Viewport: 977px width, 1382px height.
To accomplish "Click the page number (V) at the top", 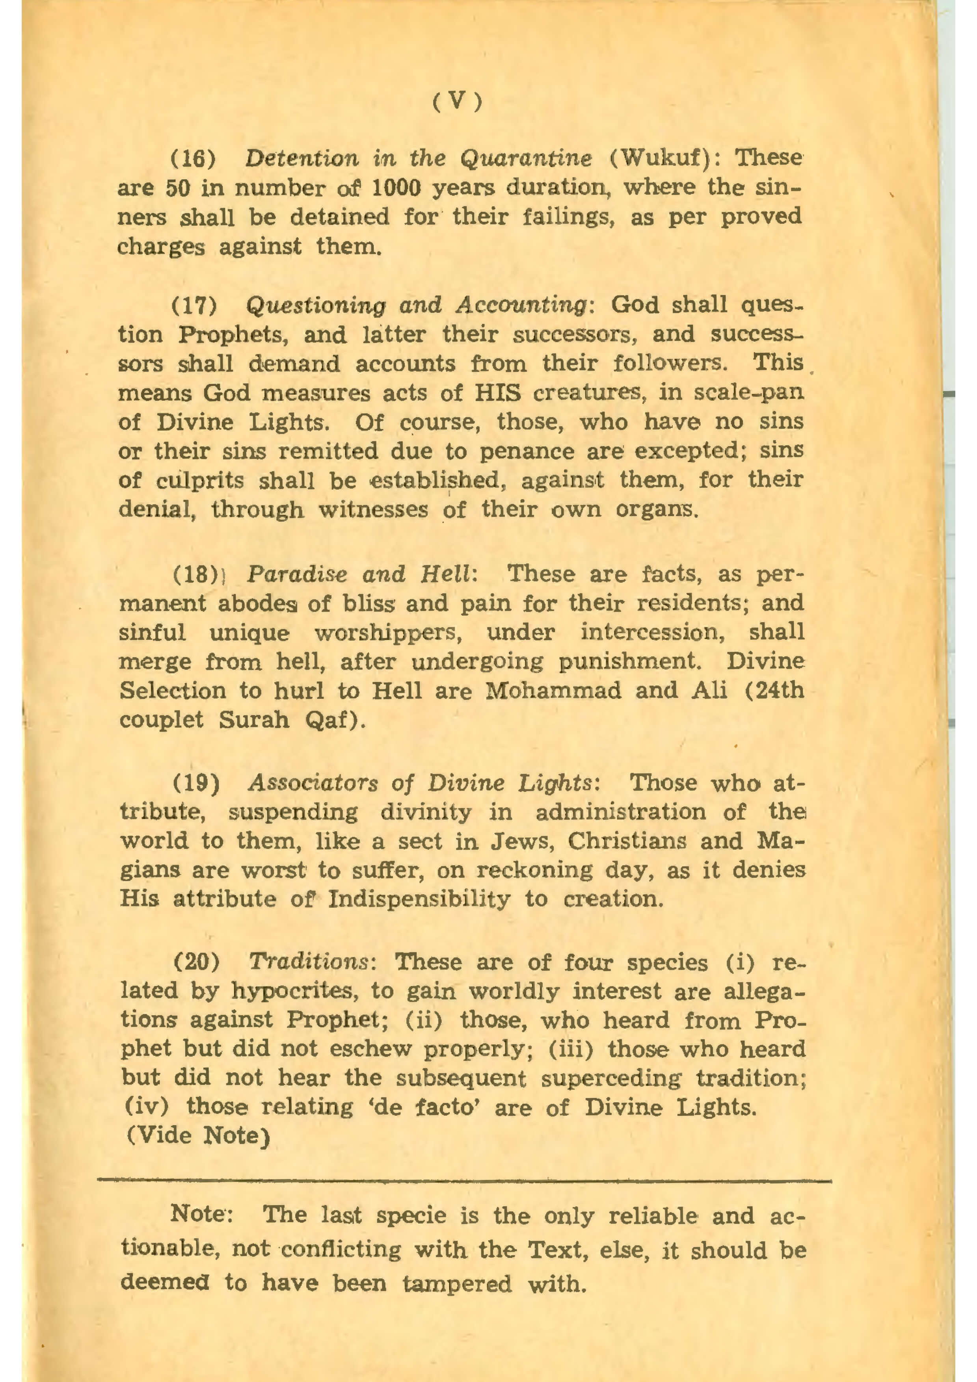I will (458, 103).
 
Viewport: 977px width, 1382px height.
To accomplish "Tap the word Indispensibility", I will (419, 900).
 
